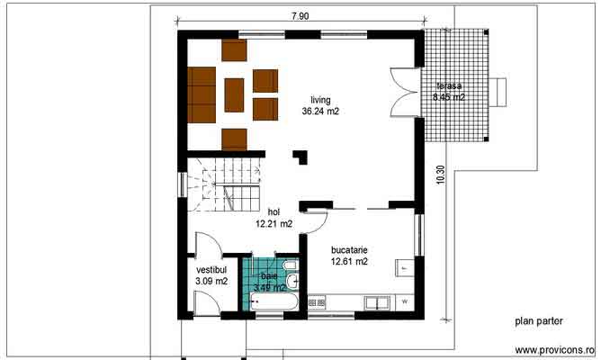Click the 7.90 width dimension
[300, 15]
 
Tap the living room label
[321, 100]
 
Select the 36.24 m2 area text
[321, 112]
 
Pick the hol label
[274, 211]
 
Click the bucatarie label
[349, 249]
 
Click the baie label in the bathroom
[269, 275]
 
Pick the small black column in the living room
[300, 157]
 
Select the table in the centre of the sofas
[234, 94]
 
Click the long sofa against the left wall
[202, 94]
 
